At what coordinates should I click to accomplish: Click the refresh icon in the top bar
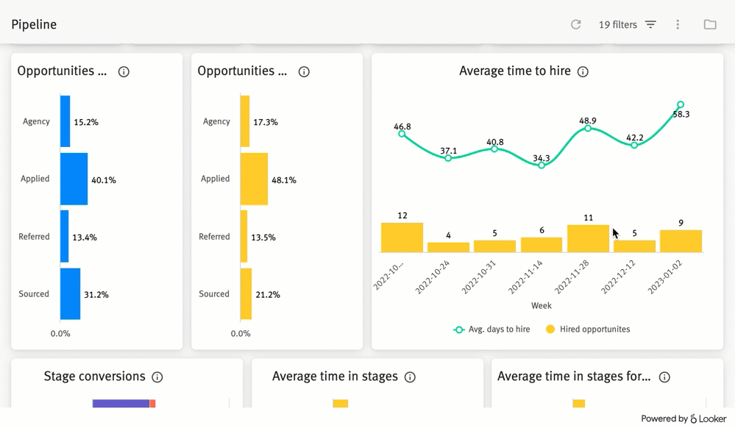tap(576, 24)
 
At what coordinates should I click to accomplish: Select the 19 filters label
tap(617, 25)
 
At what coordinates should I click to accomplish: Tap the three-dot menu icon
tap(678, 25)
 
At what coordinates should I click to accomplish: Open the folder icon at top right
tap(710, 25)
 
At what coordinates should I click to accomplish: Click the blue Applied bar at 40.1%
tap(74, 179)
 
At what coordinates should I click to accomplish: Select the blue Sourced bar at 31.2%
tap(70, 294)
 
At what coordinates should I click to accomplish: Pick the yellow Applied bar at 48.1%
tap(254, 179)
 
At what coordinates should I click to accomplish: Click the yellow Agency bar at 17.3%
tap(245, 121)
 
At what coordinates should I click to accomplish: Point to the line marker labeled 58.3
tap(681, 105)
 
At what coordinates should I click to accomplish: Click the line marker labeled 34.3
tap(542, 165)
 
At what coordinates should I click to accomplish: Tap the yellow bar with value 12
tap(402, 238)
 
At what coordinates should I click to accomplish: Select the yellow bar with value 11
tap(588, 238)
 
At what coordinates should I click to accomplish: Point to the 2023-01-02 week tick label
tap(665, 277)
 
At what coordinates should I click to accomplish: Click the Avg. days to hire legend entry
tap(492, 329)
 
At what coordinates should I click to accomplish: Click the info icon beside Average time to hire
tap(583, 72)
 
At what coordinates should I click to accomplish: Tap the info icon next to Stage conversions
tap(157, 377)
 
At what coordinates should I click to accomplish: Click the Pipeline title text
tap(34, 25)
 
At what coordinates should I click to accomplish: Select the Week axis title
tap(541, 305)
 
